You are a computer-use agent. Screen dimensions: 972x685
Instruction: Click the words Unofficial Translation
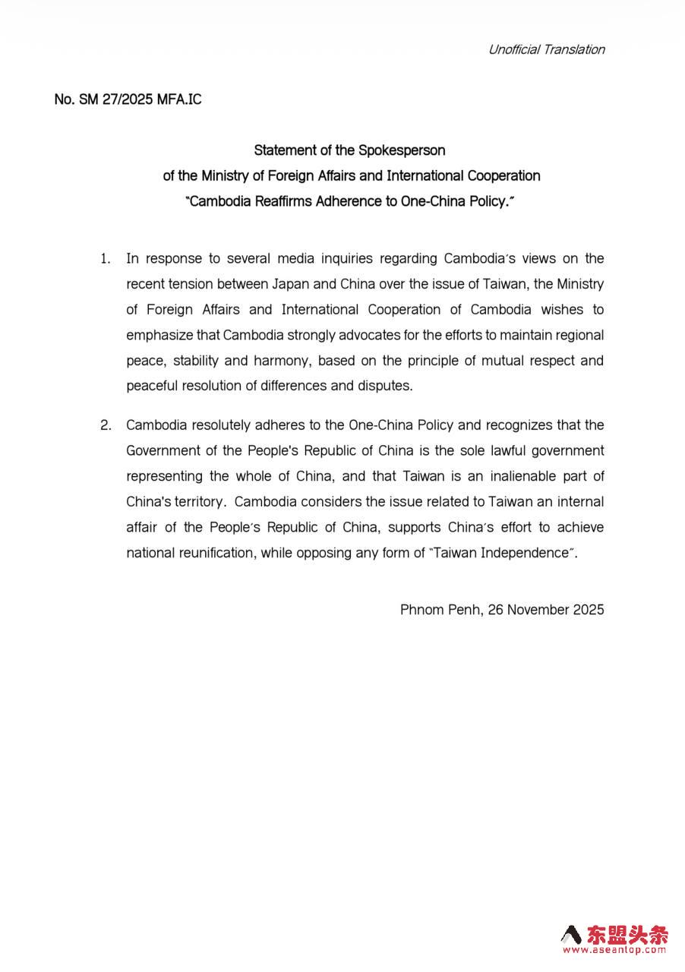point(546,49)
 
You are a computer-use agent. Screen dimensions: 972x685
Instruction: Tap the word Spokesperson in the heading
point(402,150)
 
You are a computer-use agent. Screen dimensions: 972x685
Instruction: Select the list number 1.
point(105,259)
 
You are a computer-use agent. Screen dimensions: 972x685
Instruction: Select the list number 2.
point(105,425)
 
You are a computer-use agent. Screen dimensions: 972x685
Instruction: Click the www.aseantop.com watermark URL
point(614,950)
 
